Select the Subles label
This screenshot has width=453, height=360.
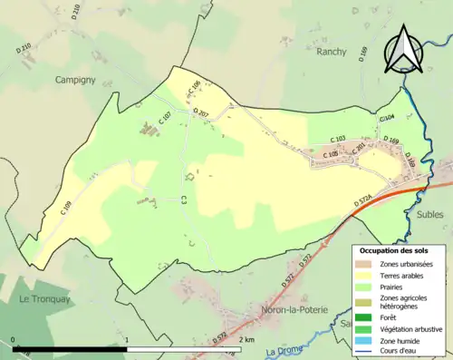[x=432, y=215]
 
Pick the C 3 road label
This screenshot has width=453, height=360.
[x=184, y=199]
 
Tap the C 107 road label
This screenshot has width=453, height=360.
[x=165, y=117]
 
